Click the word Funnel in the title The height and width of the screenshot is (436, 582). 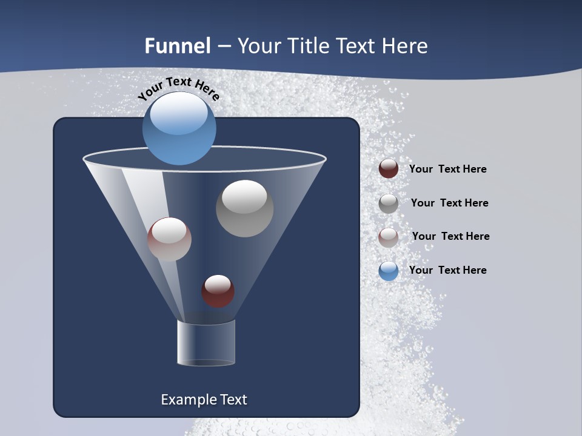pos(177,46)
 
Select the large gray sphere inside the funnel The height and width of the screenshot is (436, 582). pos(245,209)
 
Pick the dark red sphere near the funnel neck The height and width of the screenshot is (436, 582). pos(218,291)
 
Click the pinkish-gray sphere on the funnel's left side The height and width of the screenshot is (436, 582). pos(169,239)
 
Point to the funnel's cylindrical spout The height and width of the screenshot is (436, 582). pos(206,343)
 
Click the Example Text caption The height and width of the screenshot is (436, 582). pos(204,400)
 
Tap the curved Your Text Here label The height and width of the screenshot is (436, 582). pos(179,88)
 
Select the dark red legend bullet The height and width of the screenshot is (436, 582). pos(389,169)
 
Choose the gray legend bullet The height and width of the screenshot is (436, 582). pos(389,203)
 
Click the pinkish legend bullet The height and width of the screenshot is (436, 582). pos(389,237)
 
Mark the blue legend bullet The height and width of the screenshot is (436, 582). pos(389,270)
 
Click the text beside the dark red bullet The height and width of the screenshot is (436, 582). pos(447,169)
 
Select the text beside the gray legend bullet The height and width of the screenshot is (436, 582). pos(449,203)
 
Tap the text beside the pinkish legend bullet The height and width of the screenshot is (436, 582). pos(450,236)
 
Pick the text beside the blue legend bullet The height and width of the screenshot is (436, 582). pos(447,270)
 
